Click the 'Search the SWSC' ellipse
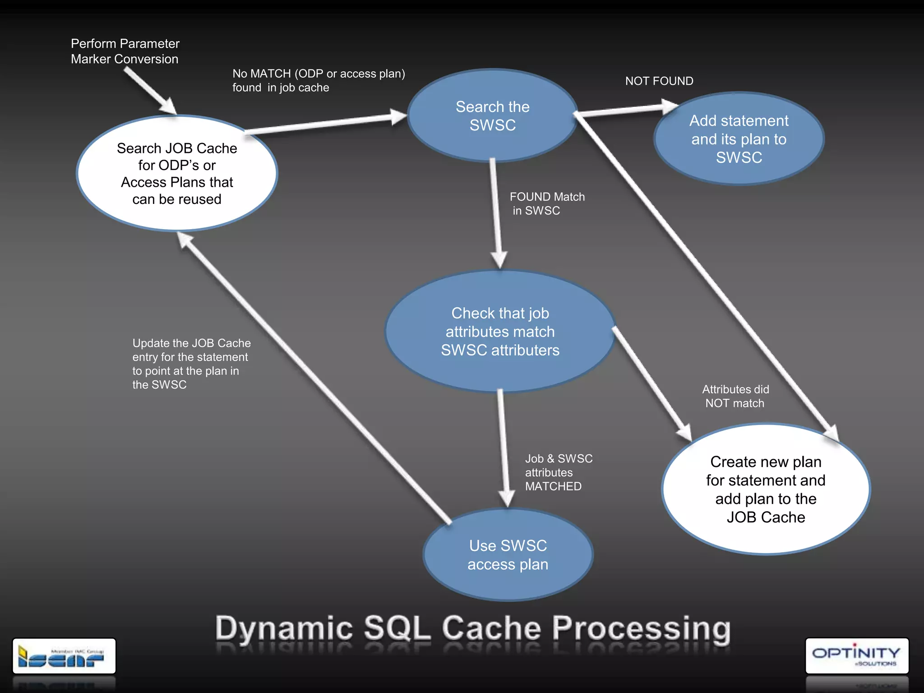pos(492,115)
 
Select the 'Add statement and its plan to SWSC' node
pos(739,139)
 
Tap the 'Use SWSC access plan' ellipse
pos(508,555)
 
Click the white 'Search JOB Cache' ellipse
pos(177,174)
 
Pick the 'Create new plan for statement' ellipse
pos(766,489)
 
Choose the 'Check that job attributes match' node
pos(500,332)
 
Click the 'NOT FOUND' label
pos(659,81)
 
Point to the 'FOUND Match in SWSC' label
pos(546,203)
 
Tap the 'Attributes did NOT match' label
pos(735,396)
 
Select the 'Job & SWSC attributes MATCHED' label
pos(558,472)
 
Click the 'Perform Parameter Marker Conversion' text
pos(125,51)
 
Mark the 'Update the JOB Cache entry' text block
pos(191,364)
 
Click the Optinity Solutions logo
pos(856,656)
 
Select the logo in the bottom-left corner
pos(64,656)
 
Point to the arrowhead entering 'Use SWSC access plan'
pos(506,499)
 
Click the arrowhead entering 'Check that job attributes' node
pos(499,260)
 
